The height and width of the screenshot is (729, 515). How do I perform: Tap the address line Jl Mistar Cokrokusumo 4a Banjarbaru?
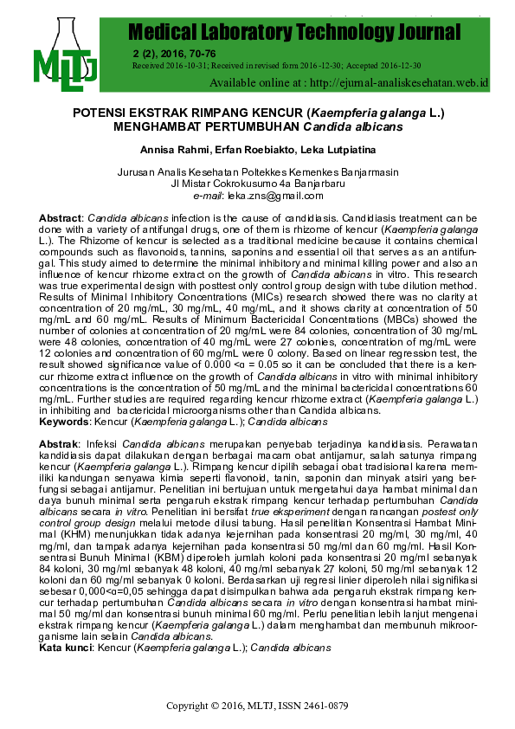258,184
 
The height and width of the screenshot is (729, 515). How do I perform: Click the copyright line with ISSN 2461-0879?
257,706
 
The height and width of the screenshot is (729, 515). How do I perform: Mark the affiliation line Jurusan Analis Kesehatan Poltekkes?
258,172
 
